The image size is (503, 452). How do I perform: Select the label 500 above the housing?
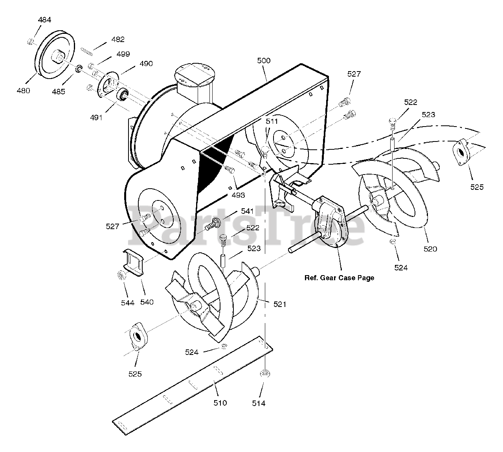click(264, 61)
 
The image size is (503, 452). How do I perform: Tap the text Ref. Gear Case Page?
click(339, 278)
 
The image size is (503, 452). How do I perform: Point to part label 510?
click(220, 403)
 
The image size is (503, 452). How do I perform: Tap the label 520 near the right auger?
click(430, 249)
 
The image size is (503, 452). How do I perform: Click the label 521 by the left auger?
click(280, 304)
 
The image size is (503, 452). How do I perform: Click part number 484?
click(44, 20)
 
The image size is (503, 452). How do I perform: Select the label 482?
click(118, 39)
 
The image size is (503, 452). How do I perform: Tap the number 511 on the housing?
click(272, 121)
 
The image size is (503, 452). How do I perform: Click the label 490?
click(146, 63)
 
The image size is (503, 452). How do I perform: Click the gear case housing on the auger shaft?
click(330, 220)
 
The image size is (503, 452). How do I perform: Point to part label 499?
click(123, 54)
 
